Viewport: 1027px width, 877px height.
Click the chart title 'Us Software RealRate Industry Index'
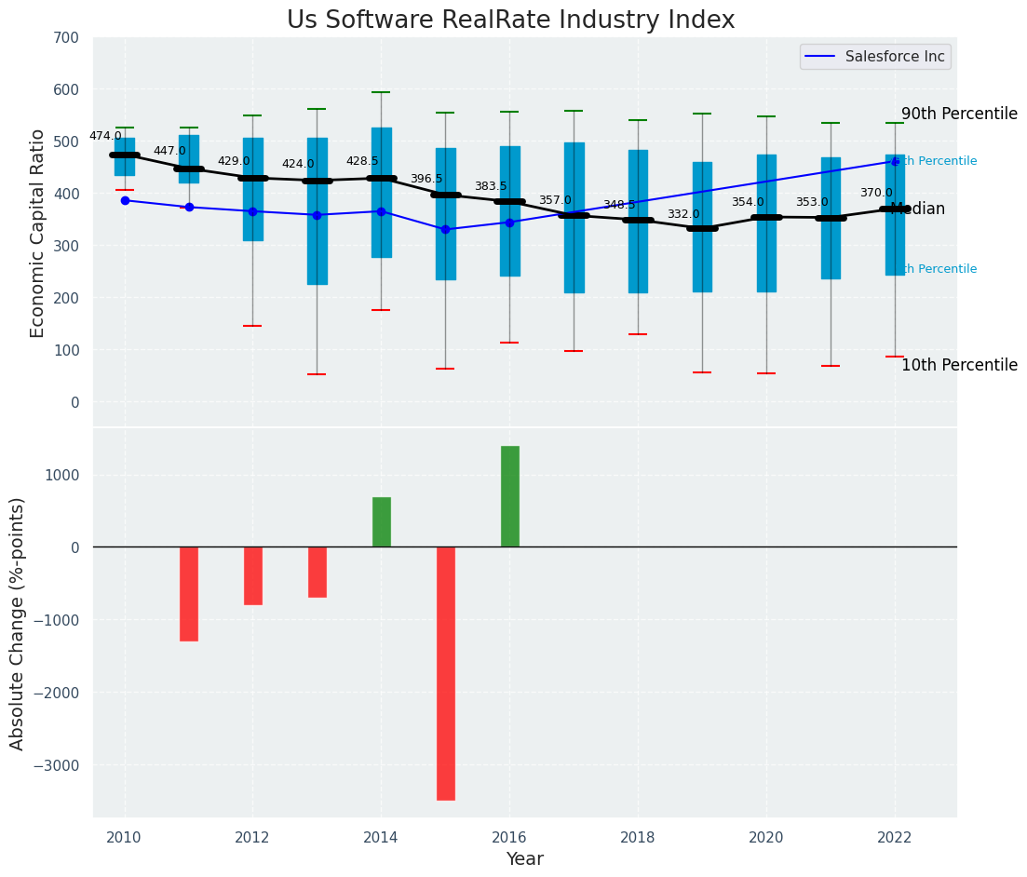[510, 20]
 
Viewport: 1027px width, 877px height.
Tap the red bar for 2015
[446, 673]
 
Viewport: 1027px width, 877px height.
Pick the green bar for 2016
[510, 496]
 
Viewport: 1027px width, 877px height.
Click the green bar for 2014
[382, 522]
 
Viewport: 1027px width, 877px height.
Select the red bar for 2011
[189, 594]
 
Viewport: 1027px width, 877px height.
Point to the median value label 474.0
[105, 136]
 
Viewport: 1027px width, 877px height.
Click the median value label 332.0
[683, 214]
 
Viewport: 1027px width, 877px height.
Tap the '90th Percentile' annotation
[959, 114]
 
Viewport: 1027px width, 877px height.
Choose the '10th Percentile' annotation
[959, 365]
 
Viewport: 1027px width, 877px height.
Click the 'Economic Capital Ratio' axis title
[38, 233]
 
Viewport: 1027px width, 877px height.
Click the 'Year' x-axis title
[525, 859]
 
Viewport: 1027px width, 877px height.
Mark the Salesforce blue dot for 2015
[446, 229]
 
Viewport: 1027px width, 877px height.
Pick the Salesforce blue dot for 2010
[125, 200]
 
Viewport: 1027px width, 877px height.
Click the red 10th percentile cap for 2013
[318, 374]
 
